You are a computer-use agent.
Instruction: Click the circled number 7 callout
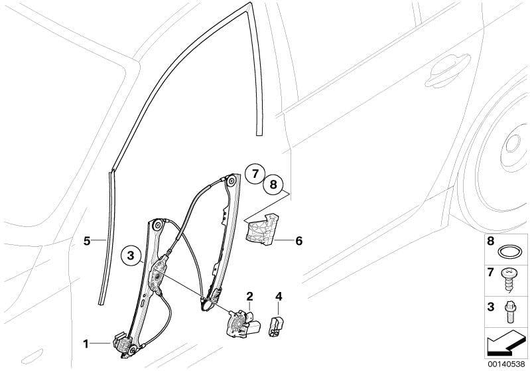click(x=255, y=174)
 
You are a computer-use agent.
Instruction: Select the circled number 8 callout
click(x=273, y=185)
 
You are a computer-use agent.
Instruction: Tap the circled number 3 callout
click(x=131, y=256)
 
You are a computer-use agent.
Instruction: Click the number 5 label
click(x=87, y=241)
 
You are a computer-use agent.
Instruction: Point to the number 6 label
click(x=298, y=241)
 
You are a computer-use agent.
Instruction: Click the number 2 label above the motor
click(x=249, y=297)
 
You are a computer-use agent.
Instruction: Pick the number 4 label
click(x=279, y=297)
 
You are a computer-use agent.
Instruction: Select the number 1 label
click(x=86, y=344)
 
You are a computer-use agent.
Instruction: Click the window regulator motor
click(x=243, y=323)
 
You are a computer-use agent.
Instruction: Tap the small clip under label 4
click(x=276, y=326)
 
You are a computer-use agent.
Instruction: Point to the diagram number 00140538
click(x=506, y=364)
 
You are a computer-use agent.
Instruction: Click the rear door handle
click(x=447, y=71)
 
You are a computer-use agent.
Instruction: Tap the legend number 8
click(x=490, y=241)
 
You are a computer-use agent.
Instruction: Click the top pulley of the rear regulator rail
click(x=232, y=181)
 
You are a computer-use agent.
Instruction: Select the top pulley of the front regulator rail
click(x=157, y=225)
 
